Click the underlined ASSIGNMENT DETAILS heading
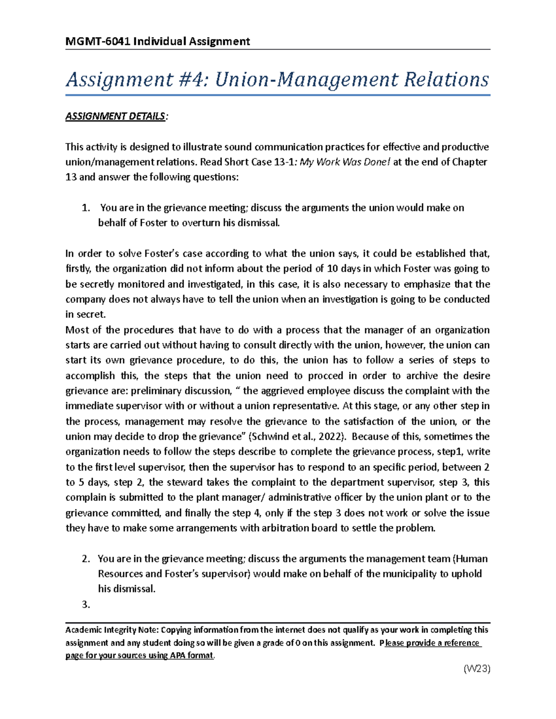coord(115,116)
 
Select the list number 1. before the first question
coord(85,208)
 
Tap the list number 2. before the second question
coord(85,559)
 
